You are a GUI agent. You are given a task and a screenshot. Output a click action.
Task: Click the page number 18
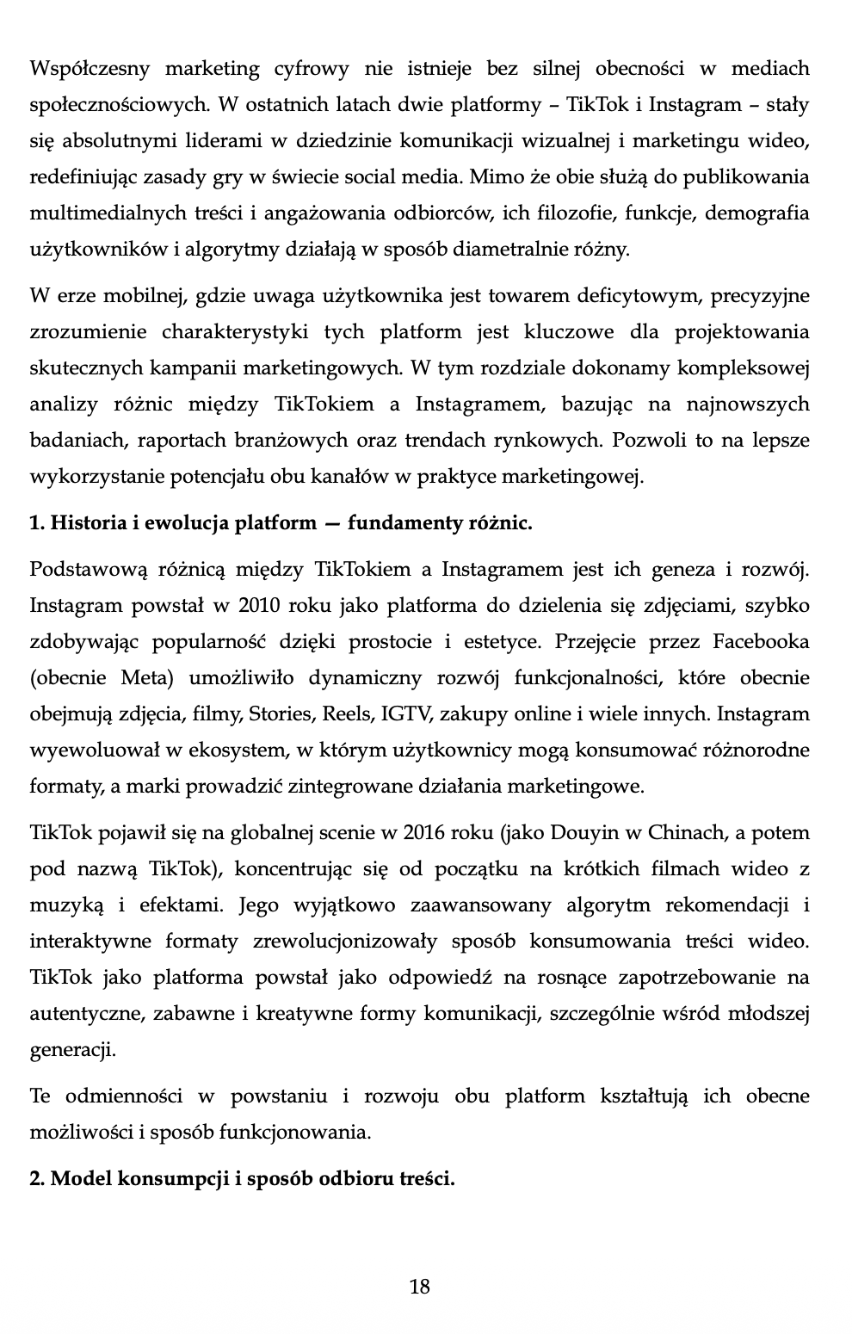click(420, 1288)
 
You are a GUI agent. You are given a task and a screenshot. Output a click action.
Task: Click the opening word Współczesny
click(90, 68)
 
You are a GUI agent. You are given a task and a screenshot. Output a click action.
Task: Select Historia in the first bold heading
click(89, 523)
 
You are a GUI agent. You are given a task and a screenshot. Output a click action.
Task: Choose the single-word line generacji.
click(71, 1050)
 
